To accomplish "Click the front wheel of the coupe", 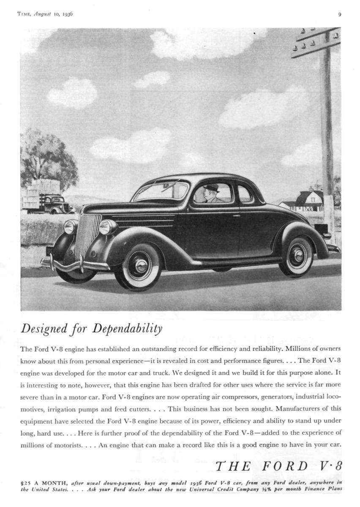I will coord(139,266).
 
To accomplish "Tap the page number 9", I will coord(340,14).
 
